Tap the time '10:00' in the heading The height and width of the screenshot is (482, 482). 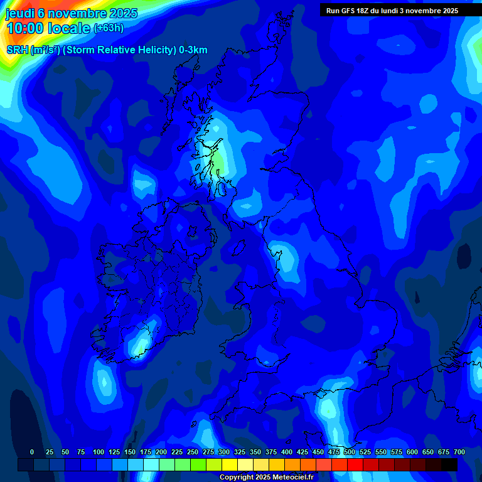pyautogui.click(x=25, y=28)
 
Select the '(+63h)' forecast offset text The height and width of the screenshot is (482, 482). pyautogui.click(x=108, y=28)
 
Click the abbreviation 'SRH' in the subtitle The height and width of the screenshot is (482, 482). pyautogui.click(x=17, y=50)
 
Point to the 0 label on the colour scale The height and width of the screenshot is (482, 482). pyautogui.click(x=32, y=452)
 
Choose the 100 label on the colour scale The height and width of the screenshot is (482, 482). pyautogui.click(x=98, y=452)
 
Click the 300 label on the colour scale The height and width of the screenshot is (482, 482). pyautogui.click(x=224, y=452)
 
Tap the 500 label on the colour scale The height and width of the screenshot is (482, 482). pyautogui.click(x=350, y=452)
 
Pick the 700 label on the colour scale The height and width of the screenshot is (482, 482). pyautogui.click(x=459, y=452)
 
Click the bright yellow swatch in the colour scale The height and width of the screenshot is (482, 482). pyautogui.click(x=230, y=464)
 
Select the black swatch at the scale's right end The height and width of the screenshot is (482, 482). pyautogui.click(x=449, y=464)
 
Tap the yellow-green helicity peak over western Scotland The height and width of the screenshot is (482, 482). pyautogui.click(x=219, y=162)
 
